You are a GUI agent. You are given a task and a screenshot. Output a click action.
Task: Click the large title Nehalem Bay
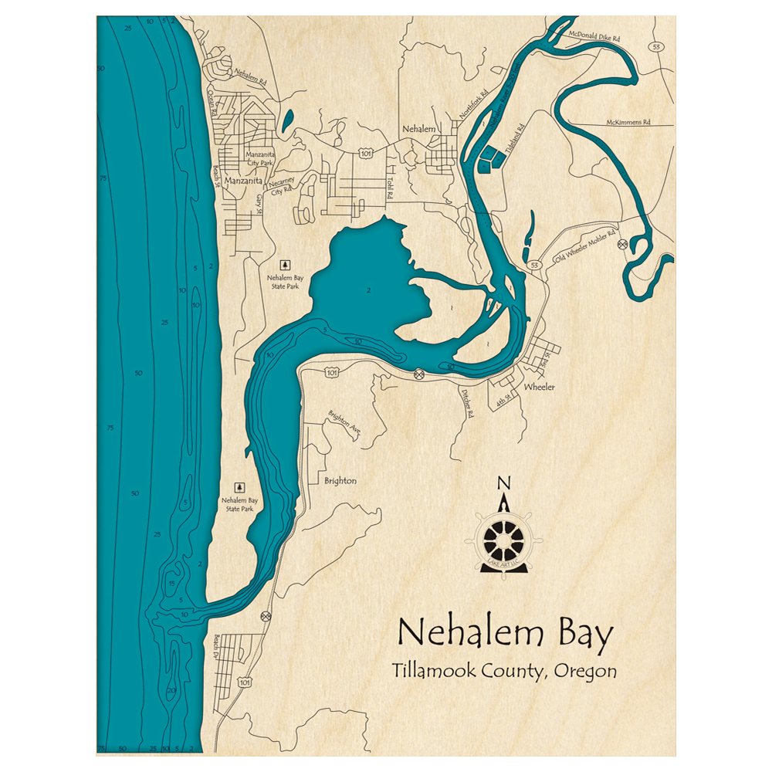506,635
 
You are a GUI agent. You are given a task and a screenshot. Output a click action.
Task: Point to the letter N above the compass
503,484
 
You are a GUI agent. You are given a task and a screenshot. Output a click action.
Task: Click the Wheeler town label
539,387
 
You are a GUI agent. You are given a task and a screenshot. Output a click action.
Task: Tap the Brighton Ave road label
344,422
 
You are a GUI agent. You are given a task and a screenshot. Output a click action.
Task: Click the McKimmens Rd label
628,122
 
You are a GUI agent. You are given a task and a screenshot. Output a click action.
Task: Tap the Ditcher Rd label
466,404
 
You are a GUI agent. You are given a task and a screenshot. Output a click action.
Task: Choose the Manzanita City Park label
259,158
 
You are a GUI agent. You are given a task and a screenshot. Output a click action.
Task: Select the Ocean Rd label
212,101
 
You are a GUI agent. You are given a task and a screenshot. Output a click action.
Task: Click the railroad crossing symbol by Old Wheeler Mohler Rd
622,244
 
